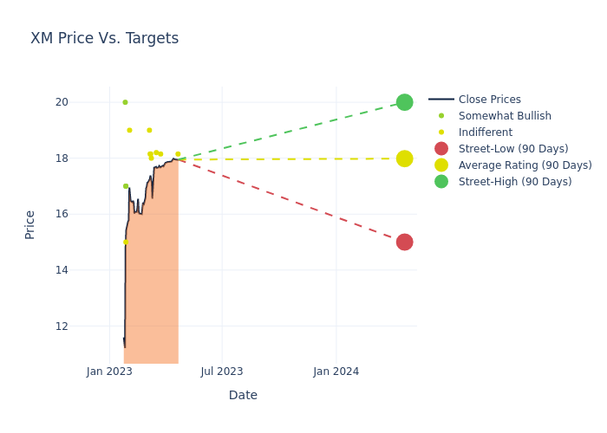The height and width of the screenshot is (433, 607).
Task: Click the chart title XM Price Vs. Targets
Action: click(104, 39)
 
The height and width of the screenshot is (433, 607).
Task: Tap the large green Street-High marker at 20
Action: click(404, 102)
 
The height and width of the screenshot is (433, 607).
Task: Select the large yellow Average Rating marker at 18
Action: click(404, 158)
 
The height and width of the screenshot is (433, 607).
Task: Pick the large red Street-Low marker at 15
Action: click(404, 242)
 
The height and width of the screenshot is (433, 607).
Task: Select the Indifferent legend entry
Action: click(485, 132)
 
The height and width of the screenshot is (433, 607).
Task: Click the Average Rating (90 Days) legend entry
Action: click(525, 165)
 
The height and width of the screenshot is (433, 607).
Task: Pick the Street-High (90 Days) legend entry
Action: click(515, 182)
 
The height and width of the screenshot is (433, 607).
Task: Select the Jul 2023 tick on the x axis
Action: click(222, 372)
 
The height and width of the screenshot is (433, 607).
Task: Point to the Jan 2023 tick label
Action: click(110, 372)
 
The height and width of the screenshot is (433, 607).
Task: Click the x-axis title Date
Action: click(243, 396)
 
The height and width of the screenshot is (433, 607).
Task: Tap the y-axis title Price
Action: click(30, 224)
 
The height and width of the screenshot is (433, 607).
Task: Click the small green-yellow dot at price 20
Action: click(125, 102)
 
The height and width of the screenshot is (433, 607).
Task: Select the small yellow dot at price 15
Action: click(125, 242)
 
